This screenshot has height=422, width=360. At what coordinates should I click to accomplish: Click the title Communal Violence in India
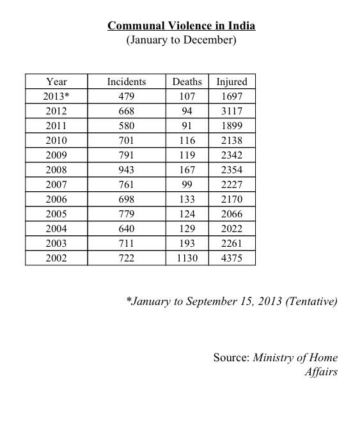181,26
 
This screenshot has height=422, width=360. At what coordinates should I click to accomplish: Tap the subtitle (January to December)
181,40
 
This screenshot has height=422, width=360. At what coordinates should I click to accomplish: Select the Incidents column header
126,81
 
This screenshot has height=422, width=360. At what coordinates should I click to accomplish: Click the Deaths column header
187,81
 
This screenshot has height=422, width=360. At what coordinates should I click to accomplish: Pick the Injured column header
231,81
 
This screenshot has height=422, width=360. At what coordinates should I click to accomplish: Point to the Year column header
56,81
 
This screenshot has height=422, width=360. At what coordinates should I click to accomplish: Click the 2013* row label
57,96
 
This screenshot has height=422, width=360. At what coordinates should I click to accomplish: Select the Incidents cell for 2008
126,170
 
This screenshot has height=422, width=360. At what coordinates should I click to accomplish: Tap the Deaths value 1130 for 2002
187,258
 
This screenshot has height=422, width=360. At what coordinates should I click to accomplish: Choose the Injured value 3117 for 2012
231,111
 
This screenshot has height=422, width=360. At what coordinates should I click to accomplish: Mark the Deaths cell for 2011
187,125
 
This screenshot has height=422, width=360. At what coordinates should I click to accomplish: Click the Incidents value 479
126,96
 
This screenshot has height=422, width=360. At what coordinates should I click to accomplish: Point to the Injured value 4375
231,258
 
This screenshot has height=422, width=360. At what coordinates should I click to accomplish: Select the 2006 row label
56,199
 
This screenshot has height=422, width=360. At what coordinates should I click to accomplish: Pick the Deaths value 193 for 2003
187,244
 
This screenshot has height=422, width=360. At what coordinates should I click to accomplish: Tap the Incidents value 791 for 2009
126,155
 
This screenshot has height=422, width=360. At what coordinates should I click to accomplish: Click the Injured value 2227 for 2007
231,185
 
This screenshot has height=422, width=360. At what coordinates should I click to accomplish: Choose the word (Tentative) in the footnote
312,301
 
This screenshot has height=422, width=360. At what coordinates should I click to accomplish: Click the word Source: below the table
231,357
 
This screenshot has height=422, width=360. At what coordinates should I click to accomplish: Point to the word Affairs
321,371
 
